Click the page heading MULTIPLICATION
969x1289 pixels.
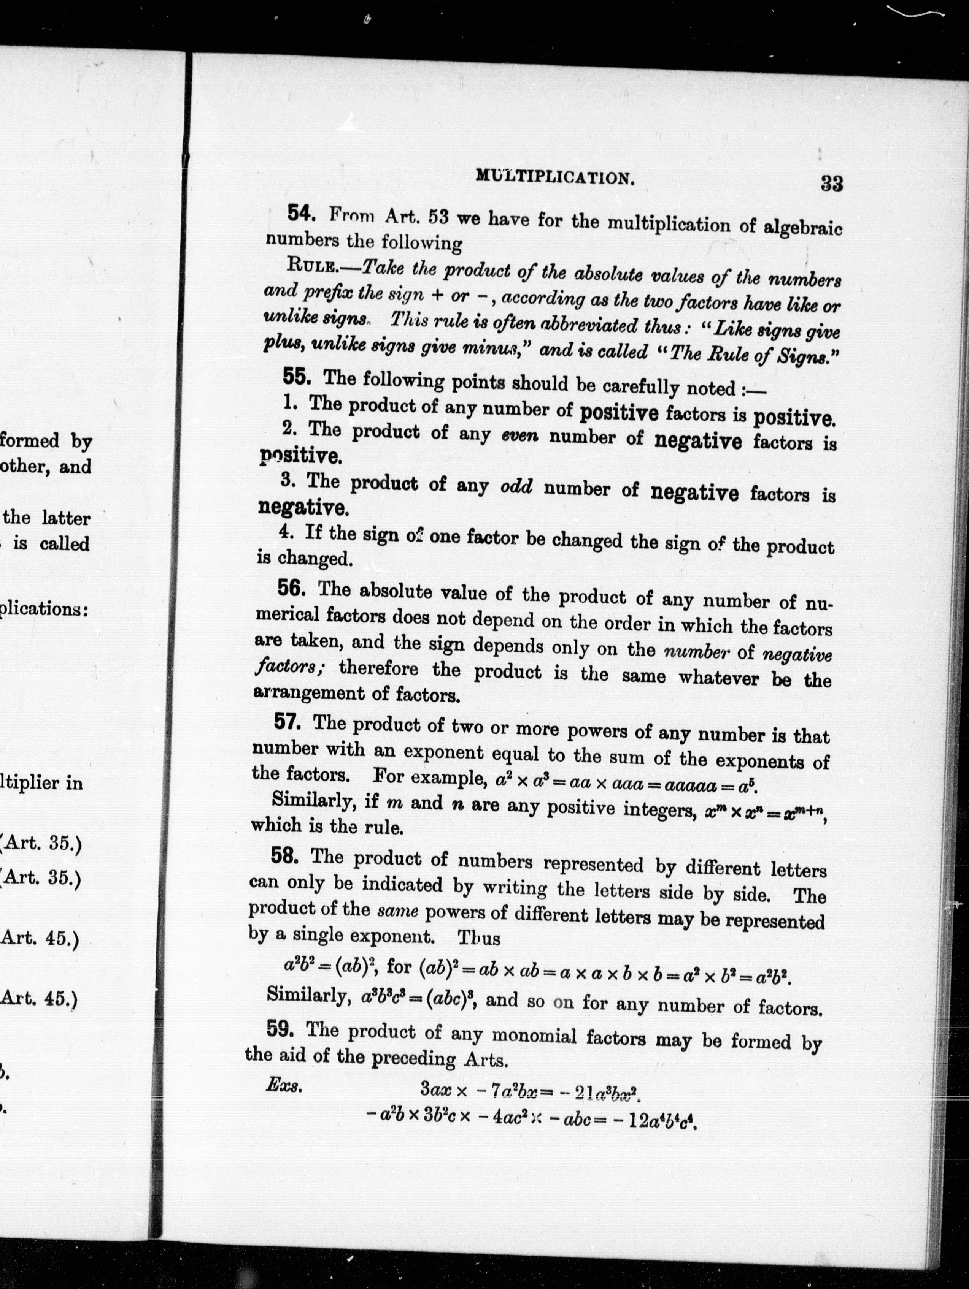(555, 177)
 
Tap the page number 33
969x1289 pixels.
(831, 184)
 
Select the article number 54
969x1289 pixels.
(302, 214)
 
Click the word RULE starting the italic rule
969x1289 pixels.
(311, 266)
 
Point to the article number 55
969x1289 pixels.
(297, 377)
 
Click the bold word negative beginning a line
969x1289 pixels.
(303, 508)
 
